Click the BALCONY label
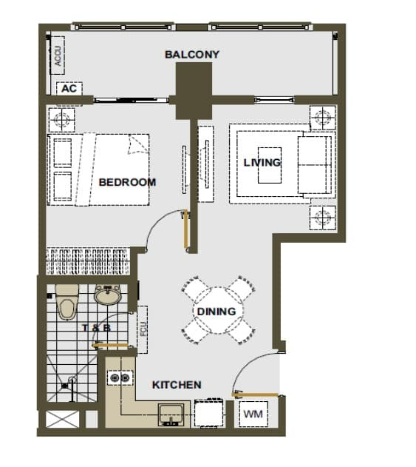[192, 55]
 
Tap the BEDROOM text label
[127, 182]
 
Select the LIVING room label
[262, 163]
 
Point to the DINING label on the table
[216, 312]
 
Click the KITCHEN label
[177, 385]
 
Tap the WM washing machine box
[253, 414]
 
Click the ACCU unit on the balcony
[58, 56]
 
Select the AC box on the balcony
[69, 89]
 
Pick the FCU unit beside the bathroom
[143, 329]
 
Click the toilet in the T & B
[67, 301]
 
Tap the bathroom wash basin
[107, 295]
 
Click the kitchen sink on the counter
[171, 414]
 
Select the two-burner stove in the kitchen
[120, 378]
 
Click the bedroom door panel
[186, 229]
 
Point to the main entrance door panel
[255, 395]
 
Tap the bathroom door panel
[110, 346]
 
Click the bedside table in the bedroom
[61, 120]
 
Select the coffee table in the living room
[270, 165]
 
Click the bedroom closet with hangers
[88, 261]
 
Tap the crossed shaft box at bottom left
[63, 420]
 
